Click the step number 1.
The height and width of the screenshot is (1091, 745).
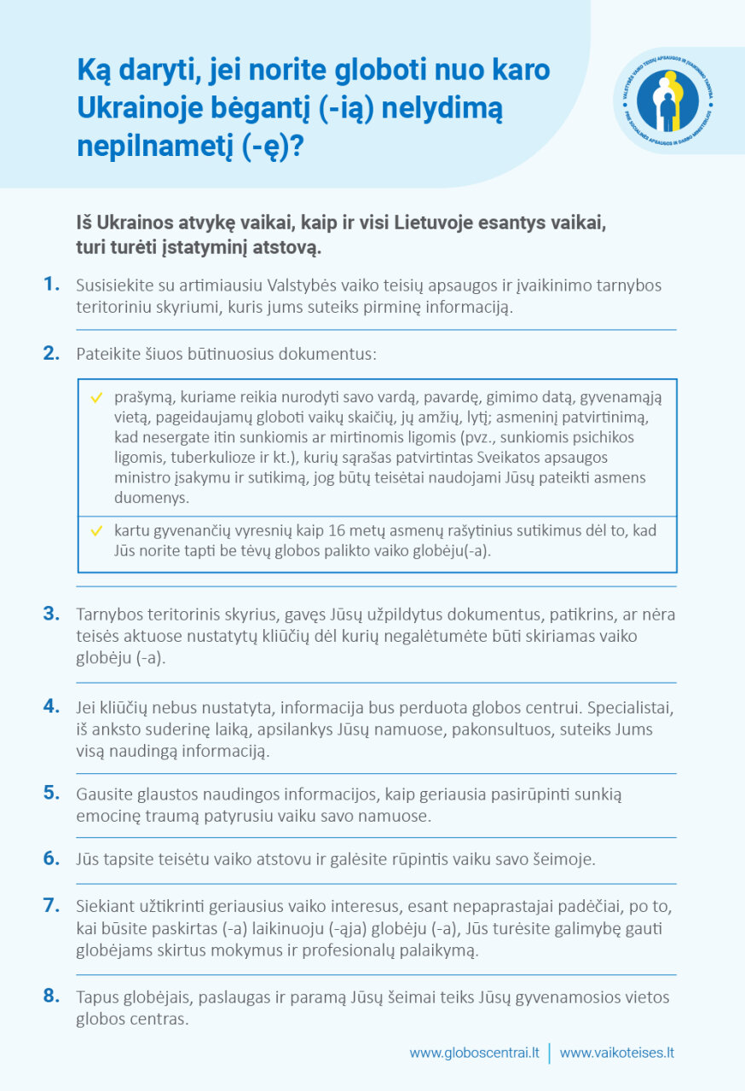[x=52, y=284]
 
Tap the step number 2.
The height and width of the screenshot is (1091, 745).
[x=52, y=353]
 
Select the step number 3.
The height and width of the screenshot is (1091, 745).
[x=52, y=614]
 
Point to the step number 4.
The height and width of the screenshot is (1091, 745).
[x=52, y=707]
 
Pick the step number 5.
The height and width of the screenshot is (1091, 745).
[x=52, y=793]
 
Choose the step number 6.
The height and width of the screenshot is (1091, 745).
[x=52, y=858]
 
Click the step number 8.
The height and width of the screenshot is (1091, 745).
[x=52, y=996]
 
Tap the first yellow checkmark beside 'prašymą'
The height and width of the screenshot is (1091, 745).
[x=96, y=397]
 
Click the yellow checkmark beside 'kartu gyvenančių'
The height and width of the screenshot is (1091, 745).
[x=96, y=530]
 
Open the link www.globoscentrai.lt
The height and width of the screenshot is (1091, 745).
[x=474, y=1053]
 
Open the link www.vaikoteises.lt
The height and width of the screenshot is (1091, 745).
[x=617, y=1053]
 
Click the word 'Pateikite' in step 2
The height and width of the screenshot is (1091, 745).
[x=107, y=354]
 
